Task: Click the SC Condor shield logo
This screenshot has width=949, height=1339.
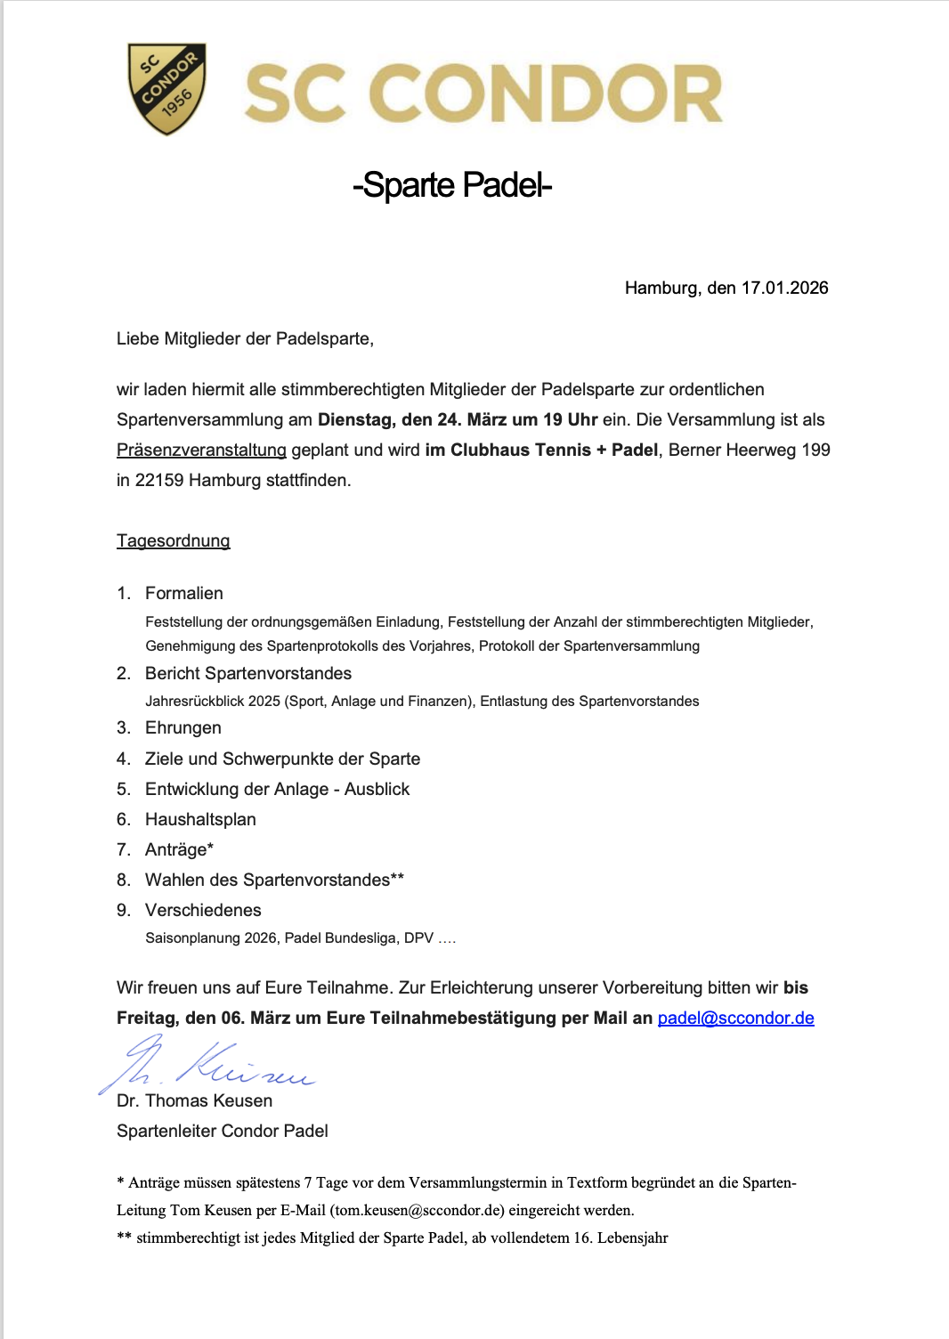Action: coord(166,88)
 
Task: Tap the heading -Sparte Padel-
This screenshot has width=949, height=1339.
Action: coord(452,185)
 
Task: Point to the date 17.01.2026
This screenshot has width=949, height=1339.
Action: coord(784,288)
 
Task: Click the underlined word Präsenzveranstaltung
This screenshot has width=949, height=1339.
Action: coord(201,450)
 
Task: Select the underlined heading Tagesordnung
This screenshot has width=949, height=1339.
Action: coord(173,540)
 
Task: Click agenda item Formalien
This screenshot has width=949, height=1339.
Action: coord(184,593)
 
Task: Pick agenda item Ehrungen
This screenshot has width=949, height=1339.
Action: coord(183,727)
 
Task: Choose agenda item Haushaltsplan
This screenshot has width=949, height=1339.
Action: coord(200,819)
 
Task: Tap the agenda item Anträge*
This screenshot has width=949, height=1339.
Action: coord(179,849)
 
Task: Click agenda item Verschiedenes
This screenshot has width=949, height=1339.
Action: coord(203,910)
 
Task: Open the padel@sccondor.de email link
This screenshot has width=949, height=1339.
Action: coord(735,1018)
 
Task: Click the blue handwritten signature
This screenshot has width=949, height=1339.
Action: coord(209,1065)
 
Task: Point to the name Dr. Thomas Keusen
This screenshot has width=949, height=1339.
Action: coord(194,1100)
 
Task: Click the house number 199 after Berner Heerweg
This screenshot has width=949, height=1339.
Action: coord(815,450)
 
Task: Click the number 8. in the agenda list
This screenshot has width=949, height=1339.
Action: coord(124,880)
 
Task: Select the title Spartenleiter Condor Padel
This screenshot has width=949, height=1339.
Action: coord(222,1131)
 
